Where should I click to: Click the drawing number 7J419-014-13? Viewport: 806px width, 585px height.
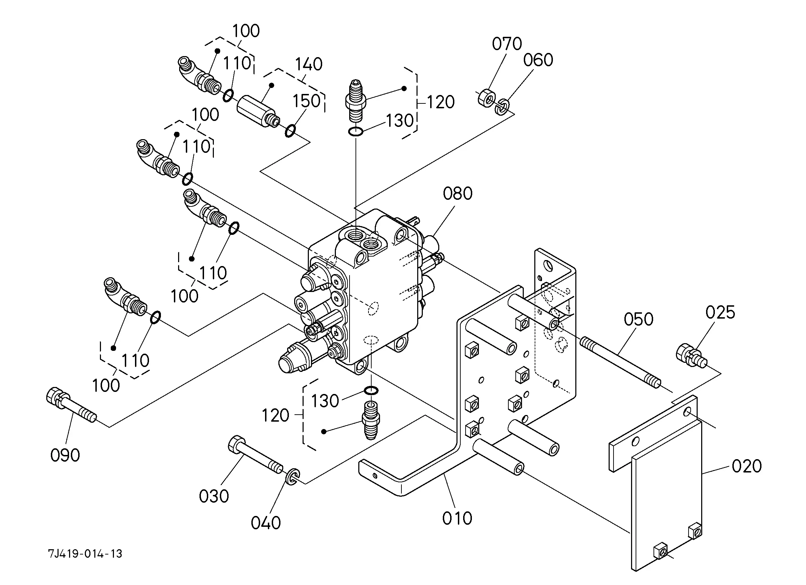point(85,554)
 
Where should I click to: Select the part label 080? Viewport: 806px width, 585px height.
point(458,194)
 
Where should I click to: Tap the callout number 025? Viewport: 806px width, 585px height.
point(720,313)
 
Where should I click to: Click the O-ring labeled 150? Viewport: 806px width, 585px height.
point(290,130)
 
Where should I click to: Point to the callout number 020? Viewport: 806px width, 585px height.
point(747,466)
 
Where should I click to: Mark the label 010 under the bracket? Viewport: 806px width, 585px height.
point(457,518)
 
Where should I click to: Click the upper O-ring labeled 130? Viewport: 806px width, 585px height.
point(355,132)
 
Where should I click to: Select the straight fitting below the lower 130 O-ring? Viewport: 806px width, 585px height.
point(371,420)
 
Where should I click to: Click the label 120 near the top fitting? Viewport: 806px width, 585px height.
point(440,102)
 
